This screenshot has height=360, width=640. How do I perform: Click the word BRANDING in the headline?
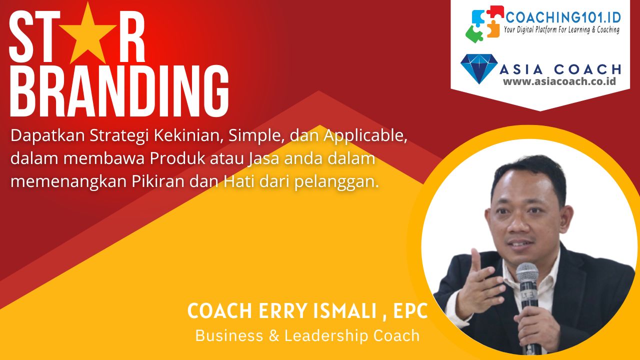(119, 91)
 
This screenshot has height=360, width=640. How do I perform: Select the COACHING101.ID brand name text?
(563, 17)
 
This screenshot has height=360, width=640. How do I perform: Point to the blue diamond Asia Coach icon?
(479, 68)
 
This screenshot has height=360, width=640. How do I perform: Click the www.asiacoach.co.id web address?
(559, 81)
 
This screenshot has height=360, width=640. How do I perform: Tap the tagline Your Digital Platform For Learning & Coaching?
(561, 30)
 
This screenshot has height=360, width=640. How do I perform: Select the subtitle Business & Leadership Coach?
(307, 335)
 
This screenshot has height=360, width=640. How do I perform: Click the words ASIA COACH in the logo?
(560, 69)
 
